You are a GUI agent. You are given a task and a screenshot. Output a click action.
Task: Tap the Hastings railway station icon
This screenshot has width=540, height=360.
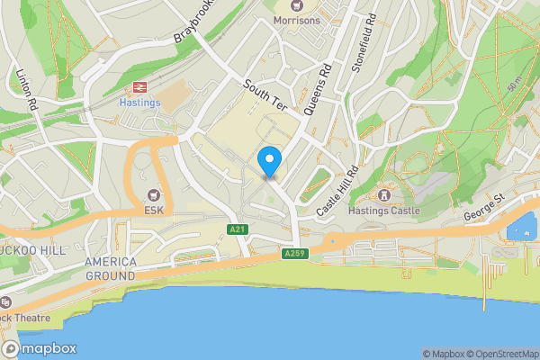click(139, 86)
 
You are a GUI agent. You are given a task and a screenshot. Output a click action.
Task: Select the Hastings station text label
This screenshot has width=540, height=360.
click(139, 103)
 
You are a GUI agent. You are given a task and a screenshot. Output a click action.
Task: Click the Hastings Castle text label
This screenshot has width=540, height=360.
click(385, 211)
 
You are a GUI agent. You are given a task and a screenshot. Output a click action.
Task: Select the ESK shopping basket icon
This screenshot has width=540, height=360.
click(152, 194)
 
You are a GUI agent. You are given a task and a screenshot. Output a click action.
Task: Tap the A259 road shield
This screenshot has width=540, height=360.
click(294, 255)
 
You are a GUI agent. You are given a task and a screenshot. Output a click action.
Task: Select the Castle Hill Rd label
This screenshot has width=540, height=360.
click(337, 191)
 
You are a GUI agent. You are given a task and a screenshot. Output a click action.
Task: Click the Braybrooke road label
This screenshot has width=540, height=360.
click(197, 24)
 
